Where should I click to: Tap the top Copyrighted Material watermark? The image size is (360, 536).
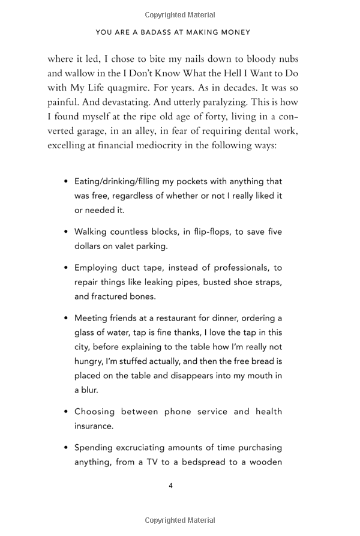[180, 14]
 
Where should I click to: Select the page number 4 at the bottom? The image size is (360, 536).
[170, 486]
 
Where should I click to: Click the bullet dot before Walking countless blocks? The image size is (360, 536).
[65, 232]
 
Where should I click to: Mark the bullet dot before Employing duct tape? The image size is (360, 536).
[65, 268]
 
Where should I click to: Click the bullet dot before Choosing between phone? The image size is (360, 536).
[65, 412]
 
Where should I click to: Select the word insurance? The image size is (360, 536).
[94, 426]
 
